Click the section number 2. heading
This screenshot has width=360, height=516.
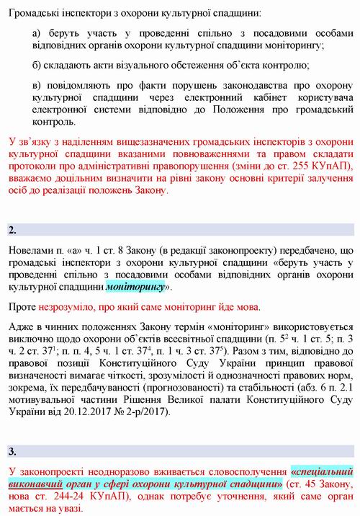click(12, 230)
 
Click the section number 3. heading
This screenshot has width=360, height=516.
click(12, 452)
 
